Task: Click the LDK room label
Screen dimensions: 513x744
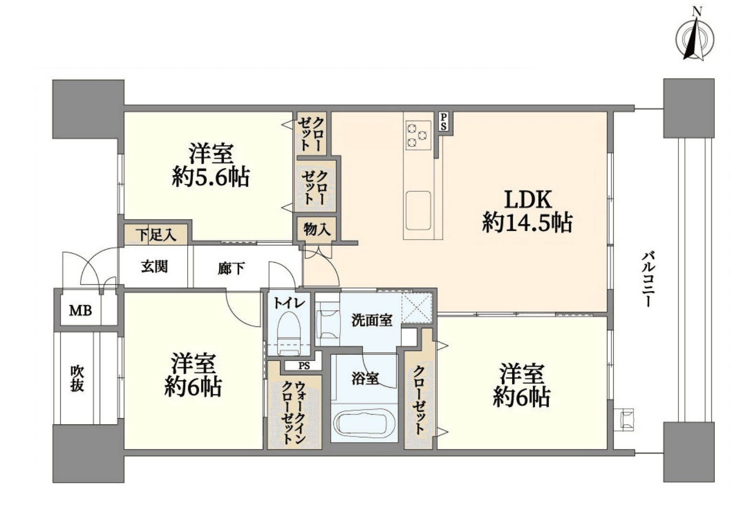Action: point(528,199)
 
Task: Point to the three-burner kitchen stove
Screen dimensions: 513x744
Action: point(417,135)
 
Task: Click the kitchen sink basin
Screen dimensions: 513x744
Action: point(418,210)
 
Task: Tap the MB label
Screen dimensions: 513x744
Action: point(80,311)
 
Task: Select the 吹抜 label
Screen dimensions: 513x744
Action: point(77,378)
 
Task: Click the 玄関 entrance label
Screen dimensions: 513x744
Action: point(154,267)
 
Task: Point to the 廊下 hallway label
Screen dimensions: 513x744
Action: point(231,268)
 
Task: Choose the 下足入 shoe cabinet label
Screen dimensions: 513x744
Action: point(156,235)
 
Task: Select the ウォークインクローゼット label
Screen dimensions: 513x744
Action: point(293,412)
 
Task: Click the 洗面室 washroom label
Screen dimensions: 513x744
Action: point(372,320)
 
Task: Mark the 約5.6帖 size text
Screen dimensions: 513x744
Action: point(211,178)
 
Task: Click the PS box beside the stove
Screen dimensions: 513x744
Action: point(444,122)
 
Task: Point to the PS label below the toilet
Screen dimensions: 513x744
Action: point(304,366)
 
